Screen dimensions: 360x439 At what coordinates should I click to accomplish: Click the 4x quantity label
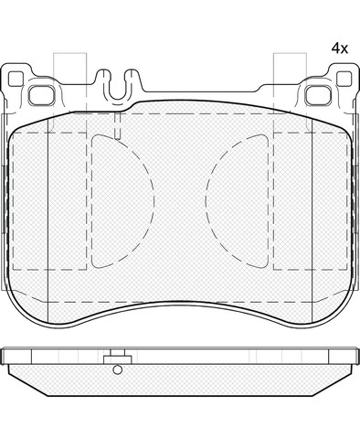pos(340,48)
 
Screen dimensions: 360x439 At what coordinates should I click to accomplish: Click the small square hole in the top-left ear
pos(16,79)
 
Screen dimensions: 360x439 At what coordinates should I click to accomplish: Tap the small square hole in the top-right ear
pos(344,79)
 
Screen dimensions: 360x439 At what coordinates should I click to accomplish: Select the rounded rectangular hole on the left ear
pos(42,95)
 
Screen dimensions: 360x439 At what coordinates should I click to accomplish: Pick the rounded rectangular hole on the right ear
pos(318,95)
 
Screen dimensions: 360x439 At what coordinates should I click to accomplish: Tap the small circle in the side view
pos(117,369)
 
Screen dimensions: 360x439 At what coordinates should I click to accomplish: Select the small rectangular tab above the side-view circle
pos(117,358)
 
